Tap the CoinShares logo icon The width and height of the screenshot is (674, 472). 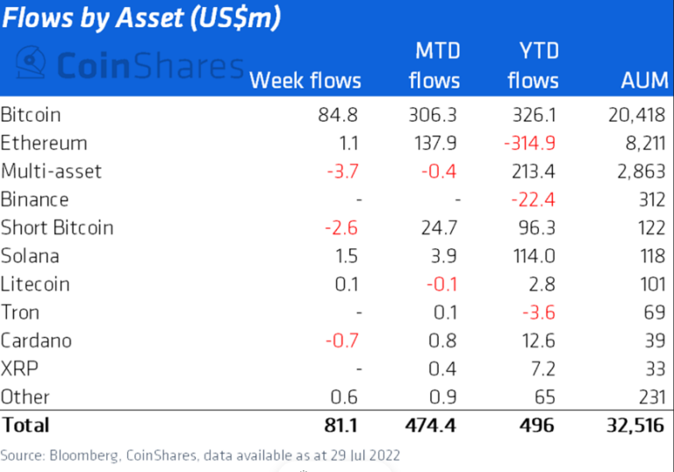click(32, 65)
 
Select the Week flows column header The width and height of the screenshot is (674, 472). click(305, 81)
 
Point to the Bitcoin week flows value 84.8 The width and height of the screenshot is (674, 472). click(341, 114)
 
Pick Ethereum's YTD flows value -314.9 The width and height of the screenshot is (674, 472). click(527, 142)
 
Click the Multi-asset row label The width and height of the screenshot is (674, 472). click(51, 170)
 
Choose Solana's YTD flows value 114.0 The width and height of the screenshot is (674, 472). click(536, 255)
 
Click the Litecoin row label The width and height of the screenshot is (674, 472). click(35, 283)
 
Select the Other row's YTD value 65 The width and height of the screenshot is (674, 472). click(545, 397)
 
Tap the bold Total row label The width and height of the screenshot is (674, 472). click(25, 426)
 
